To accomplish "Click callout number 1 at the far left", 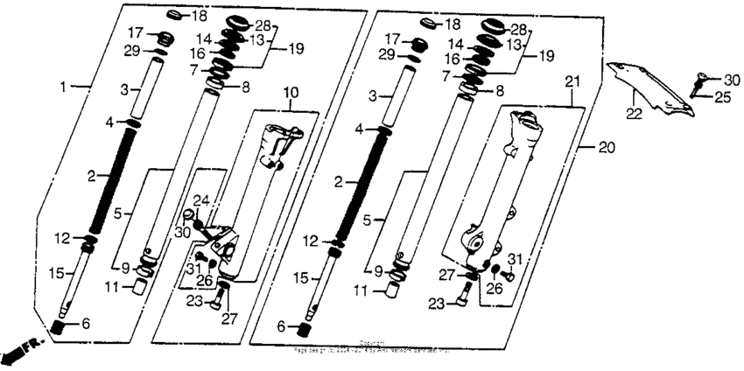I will (x=62, y=87).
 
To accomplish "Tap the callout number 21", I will (x=572, y=80).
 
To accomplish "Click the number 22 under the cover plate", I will (x=632, y=112).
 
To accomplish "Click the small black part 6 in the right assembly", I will (x=306, y=330).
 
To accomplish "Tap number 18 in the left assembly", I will (x=199, y=17).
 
